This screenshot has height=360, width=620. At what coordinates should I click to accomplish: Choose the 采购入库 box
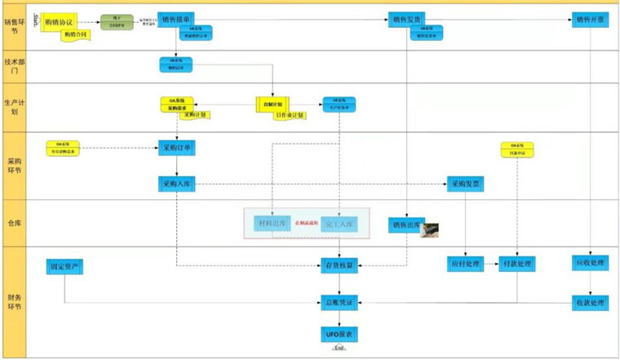coord(179,184)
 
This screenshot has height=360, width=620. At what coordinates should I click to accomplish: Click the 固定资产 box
coord(64,266)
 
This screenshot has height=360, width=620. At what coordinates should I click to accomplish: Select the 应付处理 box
coord(465,264)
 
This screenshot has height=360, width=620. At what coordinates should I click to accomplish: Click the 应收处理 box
coord(591,263)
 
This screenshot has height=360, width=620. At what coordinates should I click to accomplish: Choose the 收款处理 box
coord(591,303)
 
